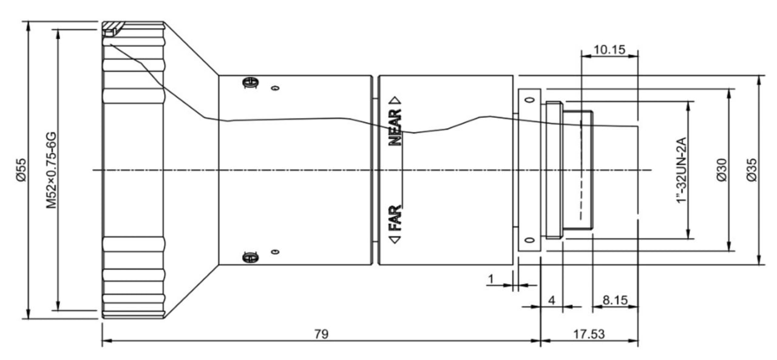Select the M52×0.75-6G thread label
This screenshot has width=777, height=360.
point(52,169)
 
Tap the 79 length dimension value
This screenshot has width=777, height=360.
point(321,334)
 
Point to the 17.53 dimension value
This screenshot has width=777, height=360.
point(589,334)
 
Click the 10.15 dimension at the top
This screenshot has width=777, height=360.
point(609,50)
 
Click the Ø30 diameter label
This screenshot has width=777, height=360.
point(721,169)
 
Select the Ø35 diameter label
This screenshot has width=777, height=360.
point(751,169)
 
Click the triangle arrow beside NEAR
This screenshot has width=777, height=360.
point(396,100)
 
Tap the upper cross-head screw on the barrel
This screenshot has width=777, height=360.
point(248,83)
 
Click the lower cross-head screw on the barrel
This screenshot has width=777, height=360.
point(248,257)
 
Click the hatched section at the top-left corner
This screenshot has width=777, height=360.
point(113,28)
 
